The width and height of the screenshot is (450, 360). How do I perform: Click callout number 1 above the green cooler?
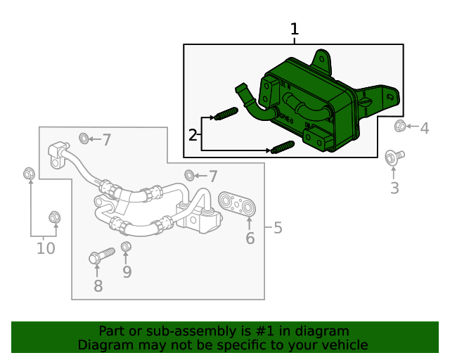295,30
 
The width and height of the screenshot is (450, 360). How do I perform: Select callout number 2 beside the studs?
193,134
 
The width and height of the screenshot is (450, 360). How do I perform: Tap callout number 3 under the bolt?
394,188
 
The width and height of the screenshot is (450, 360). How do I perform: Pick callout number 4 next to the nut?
424,128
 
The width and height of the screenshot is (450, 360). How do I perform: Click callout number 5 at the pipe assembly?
278,228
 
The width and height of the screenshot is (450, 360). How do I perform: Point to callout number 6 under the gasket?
250,239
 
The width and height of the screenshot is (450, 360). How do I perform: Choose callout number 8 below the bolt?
98,285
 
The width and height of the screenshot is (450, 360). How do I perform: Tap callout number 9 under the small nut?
127,271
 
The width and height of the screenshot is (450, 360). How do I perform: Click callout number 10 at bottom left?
46,247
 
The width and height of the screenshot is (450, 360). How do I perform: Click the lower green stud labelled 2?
281,148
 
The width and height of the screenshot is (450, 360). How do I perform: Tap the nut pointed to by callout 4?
400,126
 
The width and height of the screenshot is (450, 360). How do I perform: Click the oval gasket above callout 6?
237,203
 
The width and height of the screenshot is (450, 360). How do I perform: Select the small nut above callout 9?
127,246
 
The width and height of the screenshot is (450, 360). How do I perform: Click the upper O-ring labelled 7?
84,136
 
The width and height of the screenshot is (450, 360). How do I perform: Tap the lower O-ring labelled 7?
189,174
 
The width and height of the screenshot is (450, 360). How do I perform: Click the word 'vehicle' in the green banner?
344,345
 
